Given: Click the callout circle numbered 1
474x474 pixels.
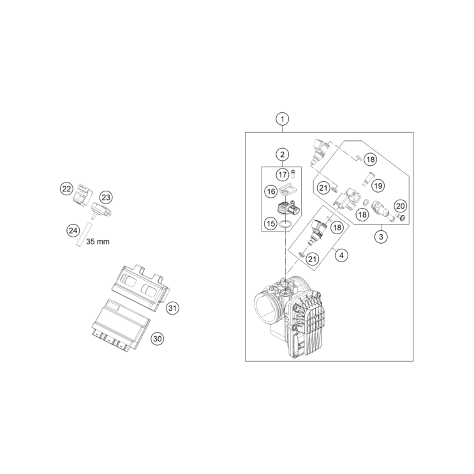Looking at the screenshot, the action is tap(283, 119).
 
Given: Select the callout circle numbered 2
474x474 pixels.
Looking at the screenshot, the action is tap(283, 154).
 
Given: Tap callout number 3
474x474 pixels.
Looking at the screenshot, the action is tap(381, 237).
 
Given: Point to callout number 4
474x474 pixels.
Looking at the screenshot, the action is tap(341, 255).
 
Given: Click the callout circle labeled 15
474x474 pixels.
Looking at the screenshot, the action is tap(270, 223).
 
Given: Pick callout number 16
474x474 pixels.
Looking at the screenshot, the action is tap(271, 191).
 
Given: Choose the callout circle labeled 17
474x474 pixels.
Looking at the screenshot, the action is tap(283, 174).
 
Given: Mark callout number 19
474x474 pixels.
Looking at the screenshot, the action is tap(378, 186).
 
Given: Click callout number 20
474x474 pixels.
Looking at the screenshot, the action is tap(400, 206).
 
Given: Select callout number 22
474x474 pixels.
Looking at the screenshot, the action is tap(66, 189).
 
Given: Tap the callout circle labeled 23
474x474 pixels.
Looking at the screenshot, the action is tap(106, 198).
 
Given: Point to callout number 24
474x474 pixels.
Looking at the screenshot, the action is tap(73, 231).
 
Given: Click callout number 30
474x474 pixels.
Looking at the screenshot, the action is tap(157, 339).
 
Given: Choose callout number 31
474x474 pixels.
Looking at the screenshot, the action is tap(172, 308).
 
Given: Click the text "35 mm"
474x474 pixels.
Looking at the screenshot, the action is tap(98, 242).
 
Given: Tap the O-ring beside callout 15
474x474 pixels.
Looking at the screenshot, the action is tap(286, 224).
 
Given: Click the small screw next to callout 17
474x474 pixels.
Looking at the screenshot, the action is tap(293, 174).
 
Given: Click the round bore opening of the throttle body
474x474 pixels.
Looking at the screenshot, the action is tap(265, 307).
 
